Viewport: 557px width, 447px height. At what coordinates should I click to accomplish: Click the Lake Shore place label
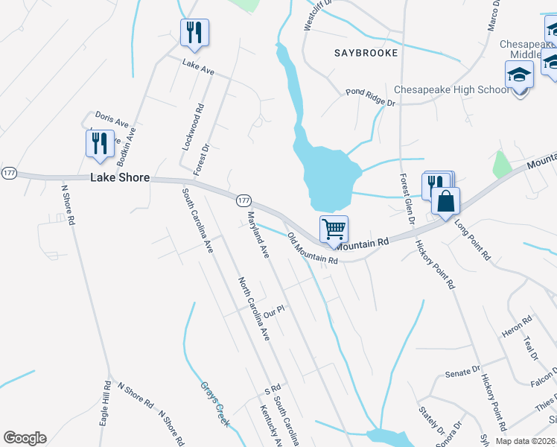click(x=120, y=178)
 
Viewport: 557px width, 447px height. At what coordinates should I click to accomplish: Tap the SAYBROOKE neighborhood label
click(x=366, y=54)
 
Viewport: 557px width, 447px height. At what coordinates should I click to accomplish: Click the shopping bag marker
click(x=445, y=201)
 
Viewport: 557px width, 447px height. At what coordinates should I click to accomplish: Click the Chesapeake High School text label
click(x=451, y=89)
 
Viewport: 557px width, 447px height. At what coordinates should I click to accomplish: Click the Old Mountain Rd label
click(x=313, y=250)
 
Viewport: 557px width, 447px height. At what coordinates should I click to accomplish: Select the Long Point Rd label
click(x=472, y=240)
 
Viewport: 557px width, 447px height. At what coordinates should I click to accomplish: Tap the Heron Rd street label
click(x=518, y=326)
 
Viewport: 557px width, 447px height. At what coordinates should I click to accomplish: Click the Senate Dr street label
click(x=462, y=372)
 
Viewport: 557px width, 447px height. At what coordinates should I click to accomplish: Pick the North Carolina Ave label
click(x=253, y=308)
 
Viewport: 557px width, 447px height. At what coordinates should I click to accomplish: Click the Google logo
click(x=25, y=438)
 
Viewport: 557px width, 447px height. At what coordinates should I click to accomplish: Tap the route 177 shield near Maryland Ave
click(x=244, y=201)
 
